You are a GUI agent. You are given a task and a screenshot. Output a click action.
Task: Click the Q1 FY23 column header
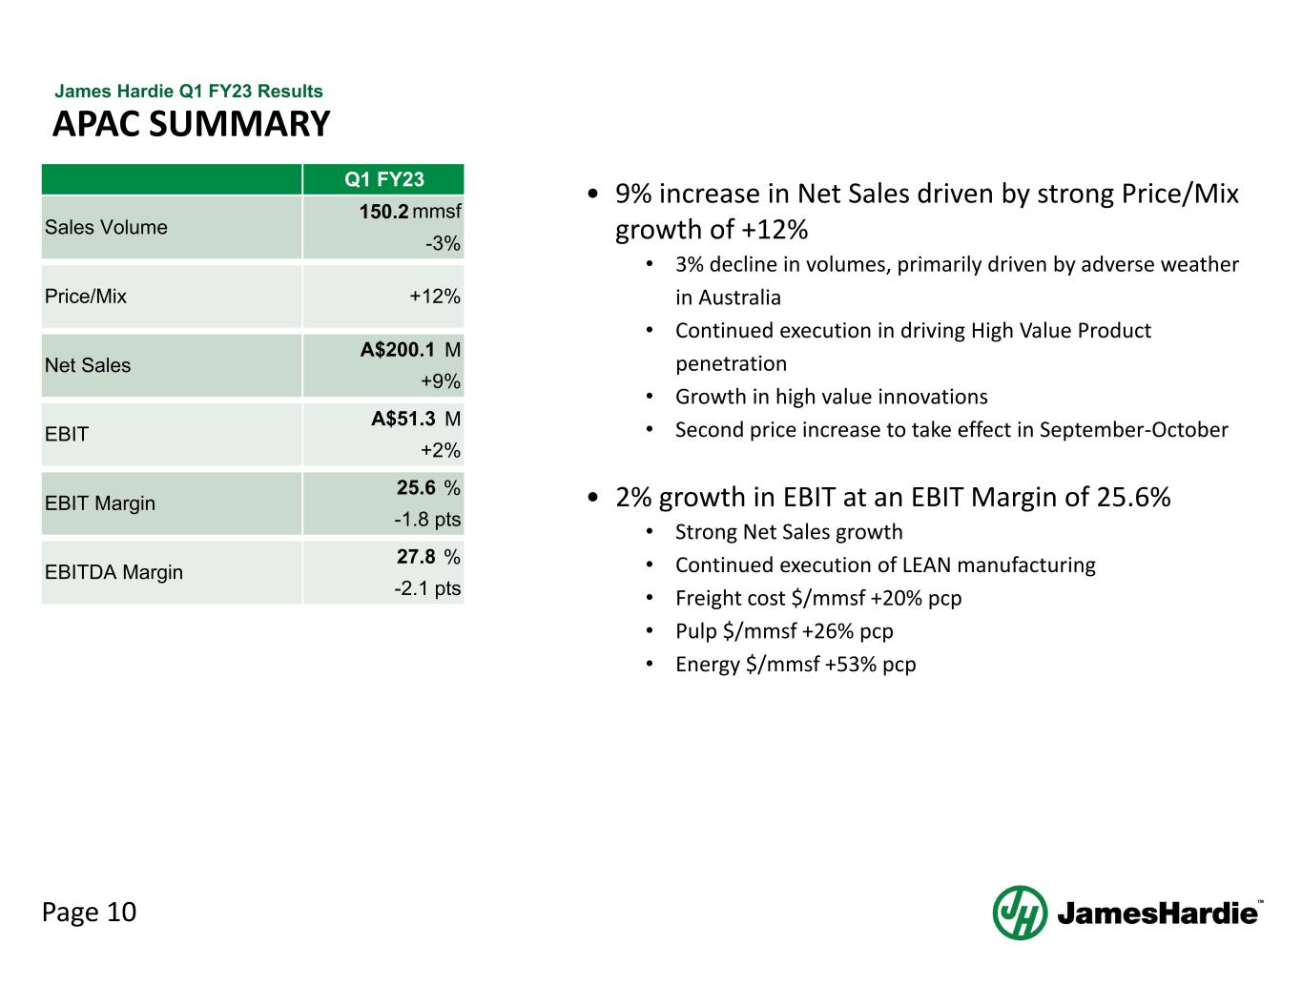(383, 179)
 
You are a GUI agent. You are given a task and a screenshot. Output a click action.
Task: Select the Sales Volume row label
(106, 227)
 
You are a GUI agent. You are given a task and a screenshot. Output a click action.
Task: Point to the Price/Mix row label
(86, 296)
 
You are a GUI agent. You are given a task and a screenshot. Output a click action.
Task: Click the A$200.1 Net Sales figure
(398, 350)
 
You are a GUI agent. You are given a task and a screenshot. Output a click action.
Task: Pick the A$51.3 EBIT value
(403, 419)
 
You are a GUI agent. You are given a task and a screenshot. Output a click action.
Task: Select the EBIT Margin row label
(100, 503)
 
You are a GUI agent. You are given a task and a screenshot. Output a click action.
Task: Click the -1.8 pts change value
(427, 520)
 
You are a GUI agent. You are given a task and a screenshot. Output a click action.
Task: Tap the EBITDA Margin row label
(114, 572)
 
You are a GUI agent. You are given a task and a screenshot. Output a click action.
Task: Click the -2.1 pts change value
(427, 588)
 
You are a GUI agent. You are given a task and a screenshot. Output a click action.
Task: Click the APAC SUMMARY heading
(191, 124)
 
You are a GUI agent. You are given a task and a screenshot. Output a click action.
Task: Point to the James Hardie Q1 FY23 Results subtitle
(189, 92)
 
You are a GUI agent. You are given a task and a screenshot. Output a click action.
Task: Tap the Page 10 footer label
(90, 913)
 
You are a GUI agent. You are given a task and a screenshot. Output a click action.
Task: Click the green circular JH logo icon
(1020, 913)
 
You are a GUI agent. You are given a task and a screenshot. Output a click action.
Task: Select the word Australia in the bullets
(739, 298)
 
